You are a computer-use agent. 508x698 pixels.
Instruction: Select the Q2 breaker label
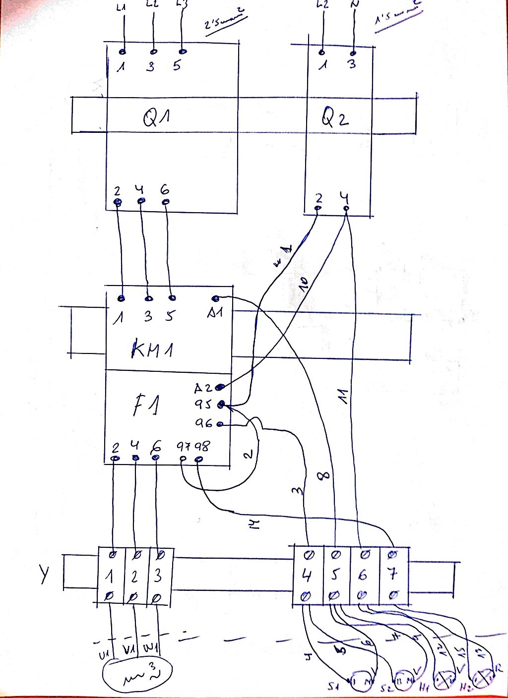[336, 119]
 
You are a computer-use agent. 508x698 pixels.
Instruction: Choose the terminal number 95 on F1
[203, 405]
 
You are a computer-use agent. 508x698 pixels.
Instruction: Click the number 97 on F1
[184, 447]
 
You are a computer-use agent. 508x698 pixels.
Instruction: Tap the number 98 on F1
[202, 446]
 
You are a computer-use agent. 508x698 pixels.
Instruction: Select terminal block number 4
[307, 575]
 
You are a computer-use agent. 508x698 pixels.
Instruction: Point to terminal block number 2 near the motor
[133, 577]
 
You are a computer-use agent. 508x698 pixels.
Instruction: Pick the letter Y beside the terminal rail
[45, 575]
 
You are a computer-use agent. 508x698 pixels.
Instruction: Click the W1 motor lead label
[149, 648]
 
